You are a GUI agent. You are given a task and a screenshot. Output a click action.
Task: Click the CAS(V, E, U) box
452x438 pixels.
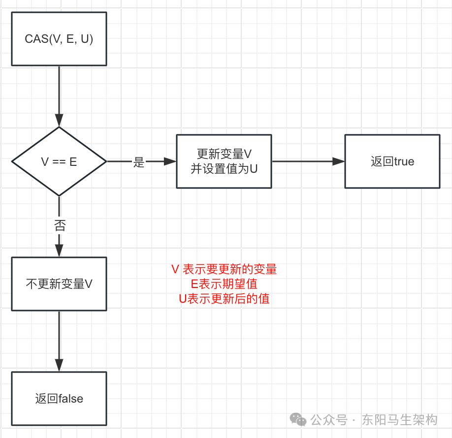(x=59, y=39)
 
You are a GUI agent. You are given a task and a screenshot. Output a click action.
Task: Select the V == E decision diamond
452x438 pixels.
(x=59, y=161)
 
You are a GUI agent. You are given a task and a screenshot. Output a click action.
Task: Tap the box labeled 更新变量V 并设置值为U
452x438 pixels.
(x=224, y=161)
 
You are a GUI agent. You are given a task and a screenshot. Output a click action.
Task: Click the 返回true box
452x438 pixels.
(x=392, y=161)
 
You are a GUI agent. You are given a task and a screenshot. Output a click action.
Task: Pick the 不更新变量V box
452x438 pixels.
(x=59, y=284)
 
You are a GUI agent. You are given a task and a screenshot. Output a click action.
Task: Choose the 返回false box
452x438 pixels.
(x=59, y=399)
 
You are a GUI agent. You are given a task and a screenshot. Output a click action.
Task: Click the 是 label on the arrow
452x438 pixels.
(x=139, y=162)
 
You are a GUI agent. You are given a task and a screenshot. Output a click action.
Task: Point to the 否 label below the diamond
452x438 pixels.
(x=60, y=225)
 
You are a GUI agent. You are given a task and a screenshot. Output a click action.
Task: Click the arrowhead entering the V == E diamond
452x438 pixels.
(x=59, y=121)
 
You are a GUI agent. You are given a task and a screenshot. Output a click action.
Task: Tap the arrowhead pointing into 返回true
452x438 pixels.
(x=339, y=161)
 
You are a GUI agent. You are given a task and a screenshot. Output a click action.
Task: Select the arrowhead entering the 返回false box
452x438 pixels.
(x=59, y=366)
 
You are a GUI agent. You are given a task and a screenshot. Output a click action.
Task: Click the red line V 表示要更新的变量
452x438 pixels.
(x=224, y=269)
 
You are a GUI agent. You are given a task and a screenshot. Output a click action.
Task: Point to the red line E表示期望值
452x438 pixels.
(x=224, y=284)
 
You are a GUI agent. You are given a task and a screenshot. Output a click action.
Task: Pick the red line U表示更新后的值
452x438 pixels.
(x=224, y=299)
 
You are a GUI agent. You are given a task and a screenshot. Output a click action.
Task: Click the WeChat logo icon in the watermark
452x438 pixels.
(x=298, y=419)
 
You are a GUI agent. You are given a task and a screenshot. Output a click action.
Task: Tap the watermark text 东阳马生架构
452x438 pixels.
(x=399, y=420)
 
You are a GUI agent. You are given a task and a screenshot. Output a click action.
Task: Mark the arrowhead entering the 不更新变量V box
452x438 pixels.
(x=59, y=251)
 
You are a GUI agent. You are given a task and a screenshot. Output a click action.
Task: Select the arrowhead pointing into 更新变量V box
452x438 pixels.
(x=170, y=161)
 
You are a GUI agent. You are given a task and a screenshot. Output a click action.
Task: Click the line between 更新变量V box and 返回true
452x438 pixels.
(x=305, y=161)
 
